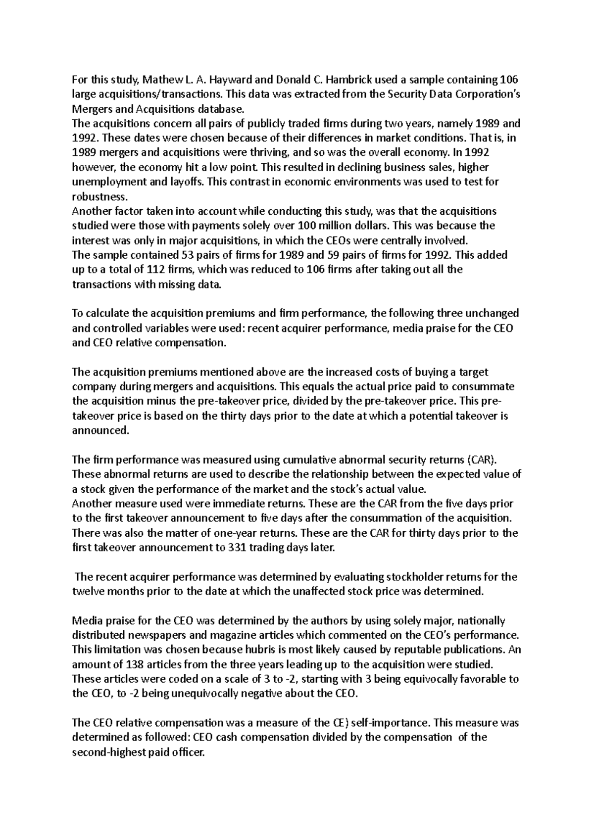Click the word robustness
coord(97,196)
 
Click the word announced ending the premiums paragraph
coord(100,430)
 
